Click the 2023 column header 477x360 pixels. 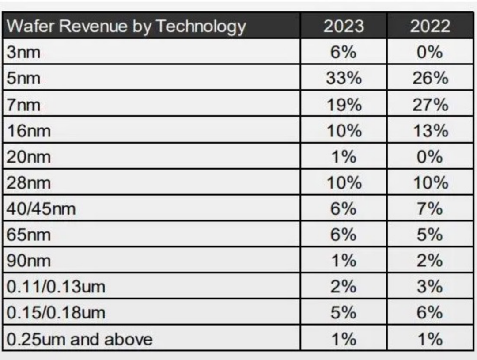pyautogui.click(x=343, y=26)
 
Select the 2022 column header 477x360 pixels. pyautogui.click(x=430, y=26)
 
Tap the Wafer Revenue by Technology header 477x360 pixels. pyautogui.click(x=126, y=26)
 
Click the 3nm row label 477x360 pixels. pyautogui.click(x=24, y=52)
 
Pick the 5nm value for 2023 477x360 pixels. pyautogui.click(x=343, y=78)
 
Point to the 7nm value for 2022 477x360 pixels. pyautogui.click(x=430, y=105)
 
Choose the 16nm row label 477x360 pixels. pyautogui.click(x=29, y=131)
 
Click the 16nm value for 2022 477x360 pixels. pyautogui.click(x=430, y=131)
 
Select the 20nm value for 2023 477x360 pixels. pyautogui.click(x=343, y=157)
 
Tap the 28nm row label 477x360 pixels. pyautogui.click(x=29, y=183)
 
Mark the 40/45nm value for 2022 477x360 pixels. pyautogui.click(x=430, y=208)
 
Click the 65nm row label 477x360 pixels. pyautogui.click(x=29, y=235)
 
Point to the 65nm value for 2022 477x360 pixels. pyautogui.click(x=430, y=235)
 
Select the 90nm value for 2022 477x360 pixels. pyautogui.click(x=430, y=261)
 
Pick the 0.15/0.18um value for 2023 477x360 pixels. pyautogui.click(x=343, y=313)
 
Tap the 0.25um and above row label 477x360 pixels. pyautogui.click(x=79, y=339)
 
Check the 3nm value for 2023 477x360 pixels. pyautogui.click(x=343, y=52)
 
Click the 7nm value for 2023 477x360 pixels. pyautogui.click(x=343, y=105)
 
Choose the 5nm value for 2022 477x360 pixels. pyautogui.click(x=430, y=78)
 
